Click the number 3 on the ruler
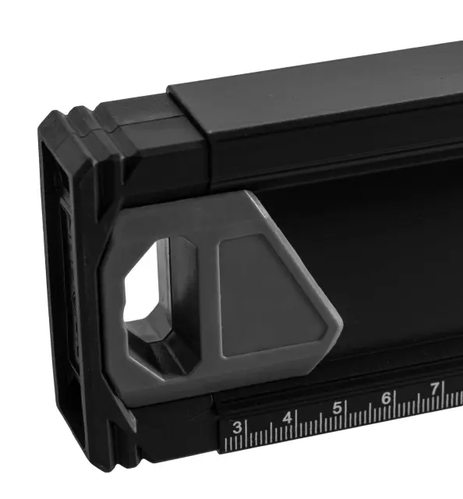click(237, 427)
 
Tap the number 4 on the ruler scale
click(288, 418)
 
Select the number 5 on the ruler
click(337, 408)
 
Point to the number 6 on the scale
click(386, 398)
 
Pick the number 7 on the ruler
click(435, 388)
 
